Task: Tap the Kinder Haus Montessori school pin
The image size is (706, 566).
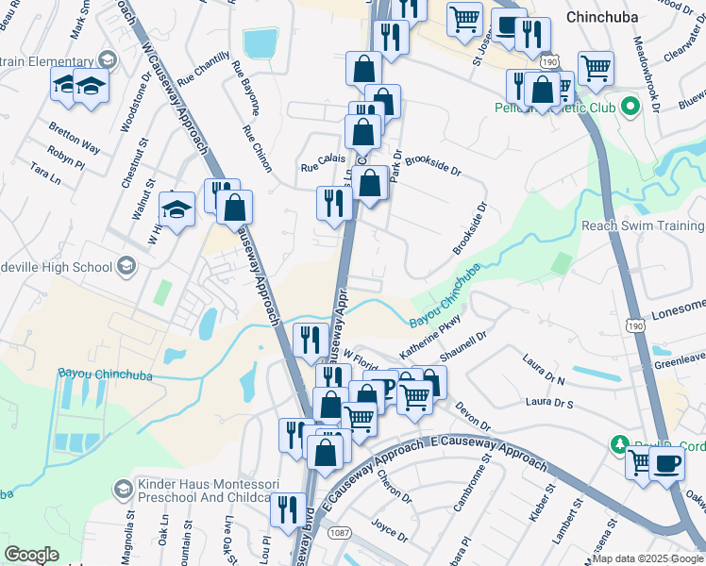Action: tap(122, 489)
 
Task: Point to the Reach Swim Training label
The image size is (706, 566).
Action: tap(642, 225)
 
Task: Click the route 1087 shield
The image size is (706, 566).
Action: tap(341, 532)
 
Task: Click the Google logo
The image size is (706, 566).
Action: tap(31, 555)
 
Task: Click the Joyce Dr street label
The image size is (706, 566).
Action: tap(389, 531)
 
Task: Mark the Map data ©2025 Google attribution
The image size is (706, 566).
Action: tap(647, 558)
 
